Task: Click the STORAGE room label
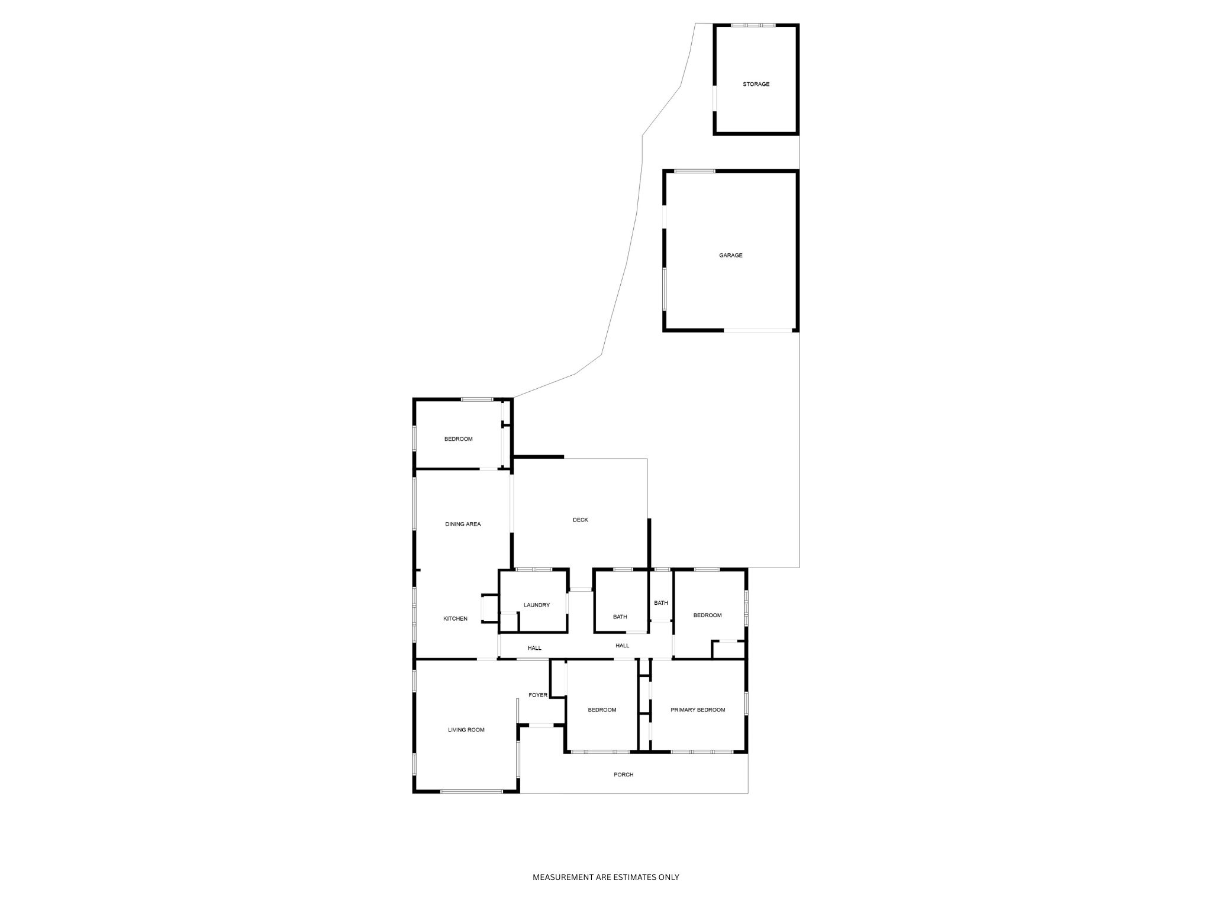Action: point(756,85)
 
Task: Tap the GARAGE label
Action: point(730,256)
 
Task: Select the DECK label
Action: point(580,520)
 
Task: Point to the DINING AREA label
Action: point(463,524)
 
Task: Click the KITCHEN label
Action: point(455,619)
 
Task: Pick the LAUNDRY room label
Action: point(536,605)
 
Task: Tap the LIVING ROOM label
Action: point(466,730)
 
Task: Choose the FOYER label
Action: point(537,695)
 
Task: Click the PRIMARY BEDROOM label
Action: point(697,710)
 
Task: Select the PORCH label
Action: point(623,775)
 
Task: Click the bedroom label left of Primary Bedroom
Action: point(602,710)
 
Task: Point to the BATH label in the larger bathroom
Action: point(620,617)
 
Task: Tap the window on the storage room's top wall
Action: point(753,25)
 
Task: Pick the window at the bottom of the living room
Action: point(472,791)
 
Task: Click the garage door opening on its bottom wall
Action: point(758,330)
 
